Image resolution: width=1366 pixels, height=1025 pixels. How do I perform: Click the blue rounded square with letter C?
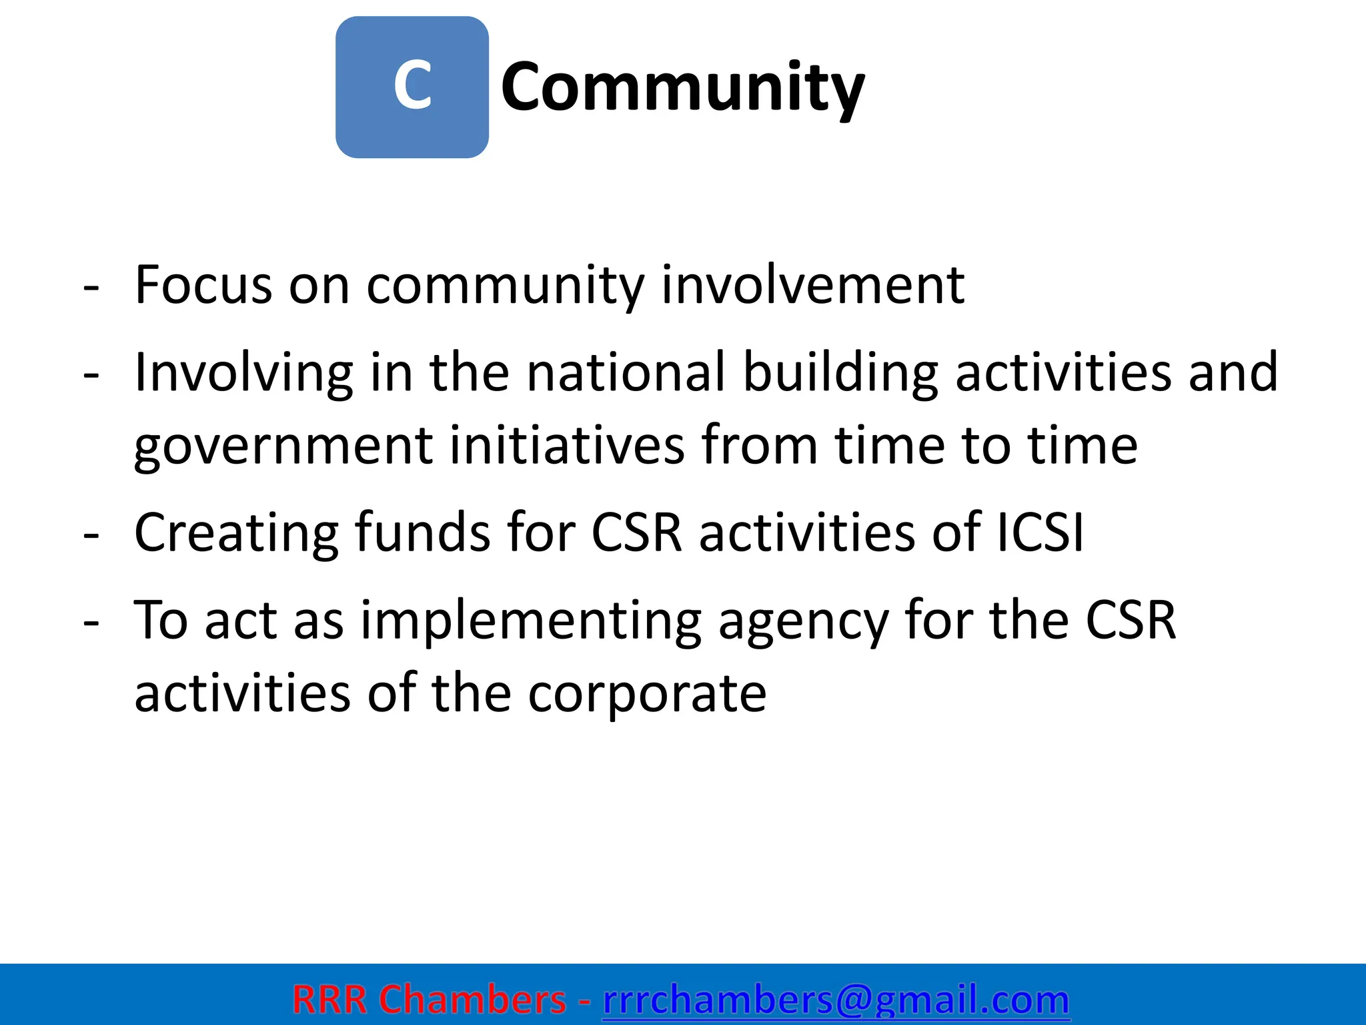412,87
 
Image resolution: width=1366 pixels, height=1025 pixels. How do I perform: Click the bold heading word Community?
682,87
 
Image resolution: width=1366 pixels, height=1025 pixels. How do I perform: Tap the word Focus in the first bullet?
203,285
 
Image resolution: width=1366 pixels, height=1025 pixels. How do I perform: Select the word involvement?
812,285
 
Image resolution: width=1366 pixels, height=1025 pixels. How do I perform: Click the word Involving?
243,372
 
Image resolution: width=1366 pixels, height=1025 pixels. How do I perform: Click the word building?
840,372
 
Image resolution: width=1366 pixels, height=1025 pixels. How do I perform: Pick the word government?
283,446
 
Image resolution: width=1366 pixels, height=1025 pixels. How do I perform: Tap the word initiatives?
567,446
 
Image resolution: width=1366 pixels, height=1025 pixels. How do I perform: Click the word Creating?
236,533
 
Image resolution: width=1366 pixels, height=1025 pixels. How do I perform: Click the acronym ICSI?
1040,533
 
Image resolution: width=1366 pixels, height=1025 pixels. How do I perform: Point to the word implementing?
531,621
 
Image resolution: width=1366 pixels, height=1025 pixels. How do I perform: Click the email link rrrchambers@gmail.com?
836,1000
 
